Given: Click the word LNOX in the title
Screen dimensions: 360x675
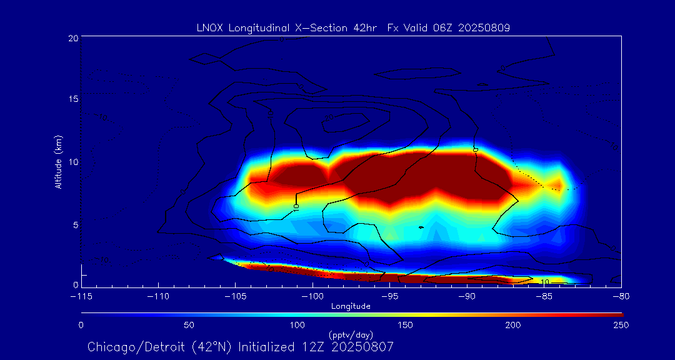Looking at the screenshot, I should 208,27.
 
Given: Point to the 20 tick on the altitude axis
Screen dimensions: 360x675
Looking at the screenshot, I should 73,38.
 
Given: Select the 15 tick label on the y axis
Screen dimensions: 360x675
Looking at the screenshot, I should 73,99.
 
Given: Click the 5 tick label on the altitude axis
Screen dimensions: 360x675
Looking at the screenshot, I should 75,224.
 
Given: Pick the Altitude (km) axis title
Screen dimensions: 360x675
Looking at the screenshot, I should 59,162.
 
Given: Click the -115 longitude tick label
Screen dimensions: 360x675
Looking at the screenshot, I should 81,296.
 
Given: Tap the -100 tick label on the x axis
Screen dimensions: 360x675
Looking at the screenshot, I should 313,296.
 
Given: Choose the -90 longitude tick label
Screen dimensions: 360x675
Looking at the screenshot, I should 467,296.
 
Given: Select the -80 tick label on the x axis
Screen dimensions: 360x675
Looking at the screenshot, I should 621,296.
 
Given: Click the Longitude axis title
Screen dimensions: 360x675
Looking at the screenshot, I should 351,306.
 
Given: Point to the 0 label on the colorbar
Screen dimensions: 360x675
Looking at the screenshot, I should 81,325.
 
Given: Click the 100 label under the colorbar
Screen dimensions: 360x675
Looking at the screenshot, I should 297,325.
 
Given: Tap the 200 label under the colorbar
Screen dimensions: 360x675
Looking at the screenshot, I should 513,325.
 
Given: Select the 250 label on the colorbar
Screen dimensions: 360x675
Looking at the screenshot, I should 621,325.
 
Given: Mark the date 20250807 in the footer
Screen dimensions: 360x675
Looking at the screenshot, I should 361,346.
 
